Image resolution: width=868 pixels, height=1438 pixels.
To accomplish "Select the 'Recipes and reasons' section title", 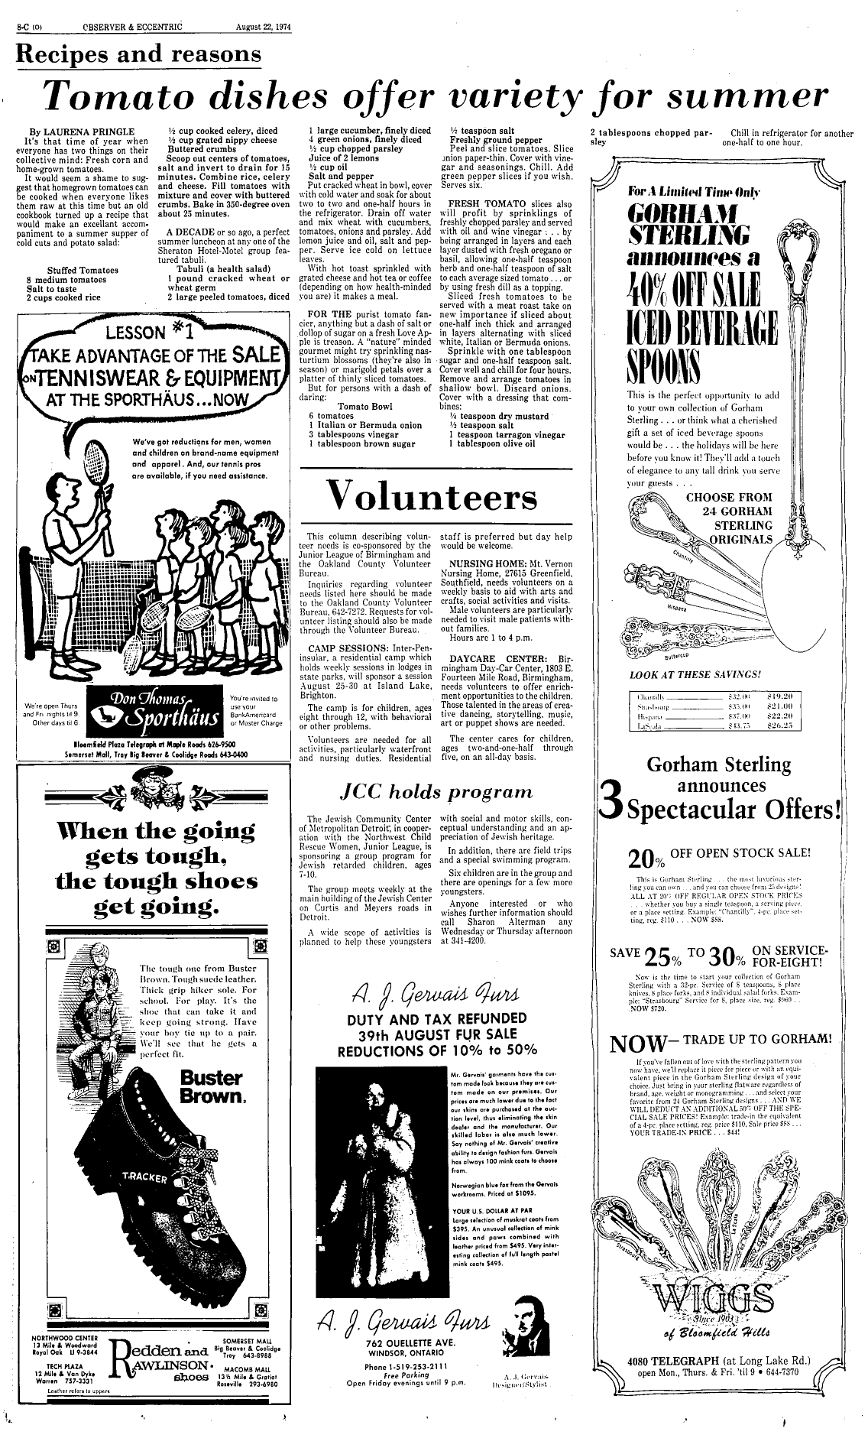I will click(x=138, y=55).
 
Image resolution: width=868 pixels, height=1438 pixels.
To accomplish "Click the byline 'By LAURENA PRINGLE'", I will click(x=82, y=131).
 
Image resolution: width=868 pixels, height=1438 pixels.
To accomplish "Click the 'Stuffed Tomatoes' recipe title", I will click(x=83, y=270).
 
